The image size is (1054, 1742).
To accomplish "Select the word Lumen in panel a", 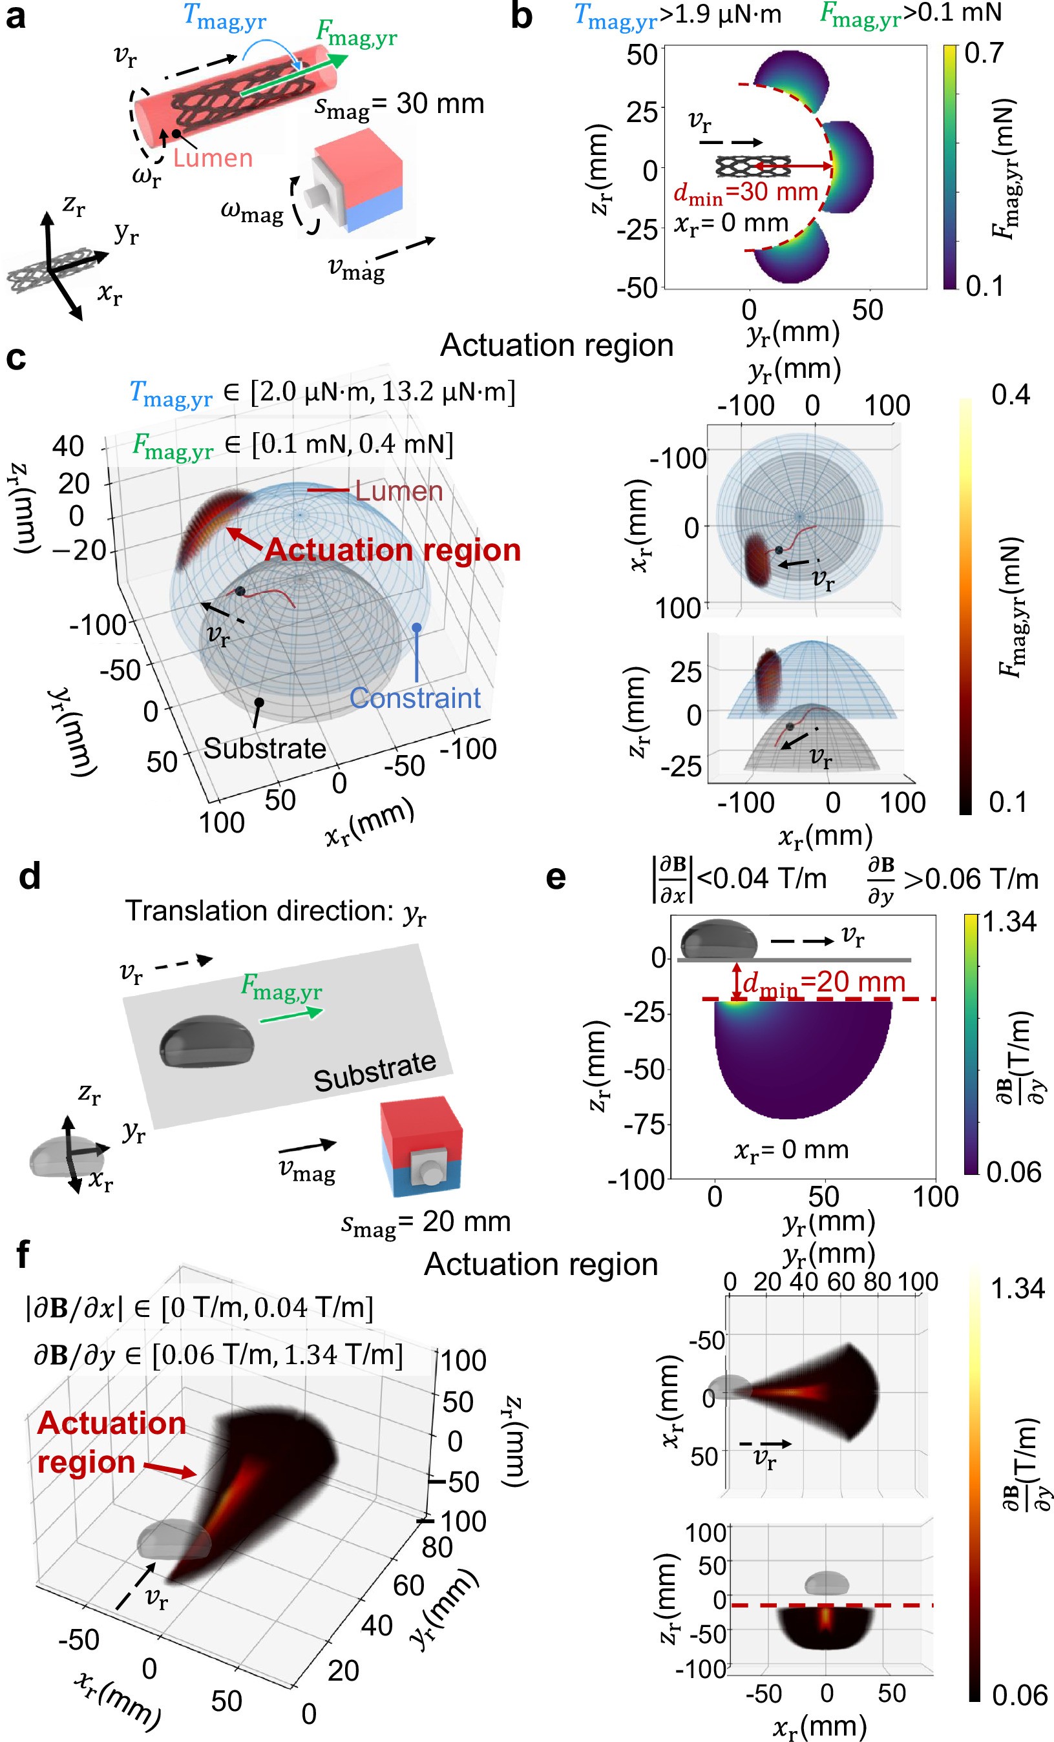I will (x=213, y=158).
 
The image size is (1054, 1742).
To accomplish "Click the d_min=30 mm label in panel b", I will (x=746, y=192).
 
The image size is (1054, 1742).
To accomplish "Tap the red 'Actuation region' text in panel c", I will (x=393, y=550).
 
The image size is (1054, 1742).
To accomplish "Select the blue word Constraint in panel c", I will (x=416, y=698).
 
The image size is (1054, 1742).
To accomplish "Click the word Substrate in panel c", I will (x=264, y=749).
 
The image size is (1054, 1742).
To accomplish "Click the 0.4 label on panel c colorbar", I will (x=1011, y=395).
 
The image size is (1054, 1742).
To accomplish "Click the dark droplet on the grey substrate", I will (x=207, y=1041).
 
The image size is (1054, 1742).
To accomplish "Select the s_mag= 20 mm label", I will (x=426, y=1221).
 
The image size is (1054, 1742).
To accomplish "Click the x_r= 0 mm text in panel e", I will (x=791, y=1150).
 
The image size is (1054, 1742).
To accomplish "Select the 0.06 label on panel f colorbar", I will (x=1018, y=1695).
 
